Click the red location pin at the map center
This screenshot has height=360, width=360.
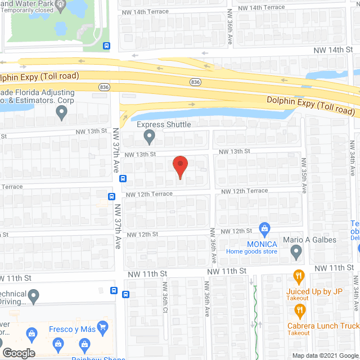tap(179, 167)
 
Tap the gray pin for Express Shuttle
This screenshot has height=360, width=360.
tap(149, 136)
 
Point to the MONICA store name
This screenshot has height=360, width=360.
tap(262, 244)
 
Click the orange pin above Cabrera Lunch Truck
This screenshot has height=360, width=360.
tap(300, 309)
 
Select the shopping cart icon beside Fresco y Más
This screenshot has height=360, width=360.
tap(102, 326)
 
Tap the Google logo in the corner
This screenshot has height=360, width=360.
tap(19, 353)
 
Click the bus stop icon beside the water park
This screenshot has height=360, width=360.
tap(107, 46)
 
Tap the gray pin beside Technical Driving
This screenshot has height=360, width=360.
tap(34, 295)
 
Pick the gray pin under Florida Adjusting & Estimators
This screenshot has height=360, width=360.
tap(62, 112)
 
